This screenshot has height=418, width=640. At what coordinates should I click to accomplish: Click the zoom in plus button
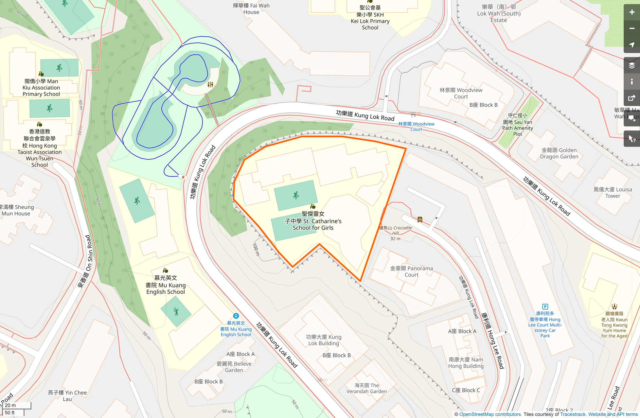pos(632,12)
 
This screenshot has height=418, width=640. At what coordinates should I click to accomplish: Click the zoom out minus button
pos(632,29)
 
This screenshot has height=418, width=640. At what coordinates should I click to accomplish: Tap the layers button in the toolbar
pos(632,66)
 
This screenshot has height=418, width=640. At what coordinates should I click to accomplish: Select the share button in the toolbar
pos(632,98)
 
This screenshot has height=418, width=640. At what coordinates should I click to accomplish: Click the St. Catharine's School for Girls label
pos(313,221)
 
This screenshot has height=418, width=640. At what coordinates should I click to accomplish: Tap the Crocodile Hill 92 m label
pos(395,233)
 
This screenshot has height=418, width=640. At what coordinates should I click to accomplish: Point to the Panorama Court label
pos(411,272)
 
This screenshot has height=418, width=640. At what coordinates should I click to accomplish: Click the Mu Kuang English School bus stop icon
pos(236,316)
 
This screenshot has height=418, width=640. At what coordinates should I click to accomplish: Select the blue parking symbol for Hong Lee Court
pos(545,307)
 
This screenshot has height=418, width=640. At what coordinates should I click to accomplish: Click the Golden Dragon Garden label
pos(559,153)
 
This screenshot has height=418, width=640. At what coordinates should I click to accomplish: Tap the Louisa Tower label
pos(612,193)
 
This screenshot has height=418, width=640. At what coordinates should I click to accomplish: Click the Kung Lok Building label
pos(323,340)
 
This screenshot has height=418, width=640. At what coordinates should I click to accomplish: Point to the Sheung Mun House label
pos(17,210)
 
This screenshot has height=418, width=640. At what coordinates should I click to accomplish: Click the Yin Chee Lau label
pos(67,396)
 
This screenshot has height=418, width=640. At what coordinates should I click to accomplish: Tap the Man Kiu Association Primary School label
pos(41,88)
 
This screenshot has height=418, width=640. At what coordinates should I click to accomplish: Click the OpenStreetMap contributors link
pos(490,414)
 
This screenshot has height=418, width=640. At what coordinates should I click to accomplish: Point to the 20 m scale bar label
pos(10,405)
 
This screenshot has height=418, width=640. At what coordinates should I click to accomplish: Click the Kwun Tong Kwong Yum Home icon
pos(614,307)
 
